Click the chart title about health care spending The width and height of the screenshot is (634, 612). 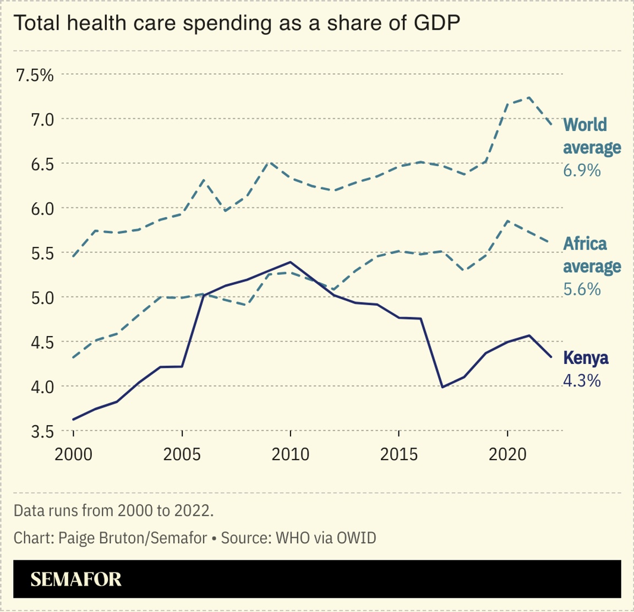(x=237, y=23)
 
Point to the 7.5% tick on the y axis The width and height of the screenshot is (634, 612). (x=35, y=75)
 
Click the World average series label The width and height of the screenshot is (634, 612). (x=592, y=136)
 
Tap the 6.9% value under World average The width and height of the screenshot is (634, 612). (x=581, y=170)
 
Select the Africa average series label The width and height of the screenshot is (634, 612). (x=592, y=255)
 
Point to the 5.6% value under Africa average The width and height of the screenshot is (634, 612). (x=582, y=289)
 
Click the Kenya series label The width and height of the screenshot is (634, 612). (x=586, y=359)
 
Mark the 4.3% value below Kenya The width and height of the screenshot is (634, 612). (x=582, y=381)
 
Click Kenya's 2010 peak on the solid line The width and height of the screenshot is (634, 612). (x=290, y=262)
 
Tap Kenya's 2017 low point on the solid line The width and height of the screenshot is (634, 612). (x=442, y=387)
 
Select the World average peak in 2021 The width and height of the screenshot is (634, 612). (x=529, y=97)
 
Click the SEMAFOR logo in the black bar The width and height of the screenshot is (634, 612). (x=76, y=579)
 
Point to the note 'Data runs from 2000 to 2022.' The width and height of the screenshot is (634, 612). (x=113, y=510)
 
